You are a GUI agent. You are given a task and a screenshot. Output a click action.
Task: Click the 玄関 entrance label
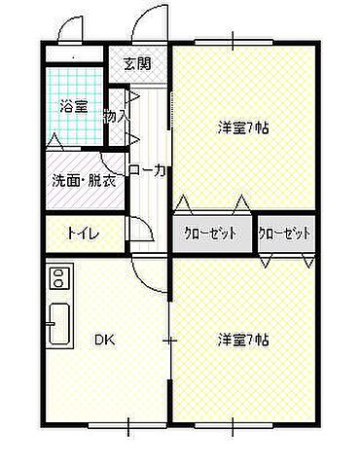[137, 64]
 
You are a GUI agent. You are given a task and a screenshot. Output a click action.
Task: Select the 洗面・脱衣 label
[83, 181]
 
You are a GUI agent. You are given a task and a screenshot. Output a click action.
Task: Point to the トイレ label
[81, 233]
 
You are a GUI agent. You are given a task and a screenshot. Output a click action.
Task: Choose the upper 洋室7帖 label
[243, 126]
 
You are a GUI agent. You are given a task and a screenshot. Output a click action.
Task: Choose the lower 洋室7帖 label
[243, 340]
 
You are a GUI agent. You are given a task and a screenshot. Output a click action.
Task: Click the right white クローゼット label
[286, 233]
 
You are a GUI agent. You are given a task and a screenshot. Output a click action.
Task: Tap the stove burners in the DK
[56, 279]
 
